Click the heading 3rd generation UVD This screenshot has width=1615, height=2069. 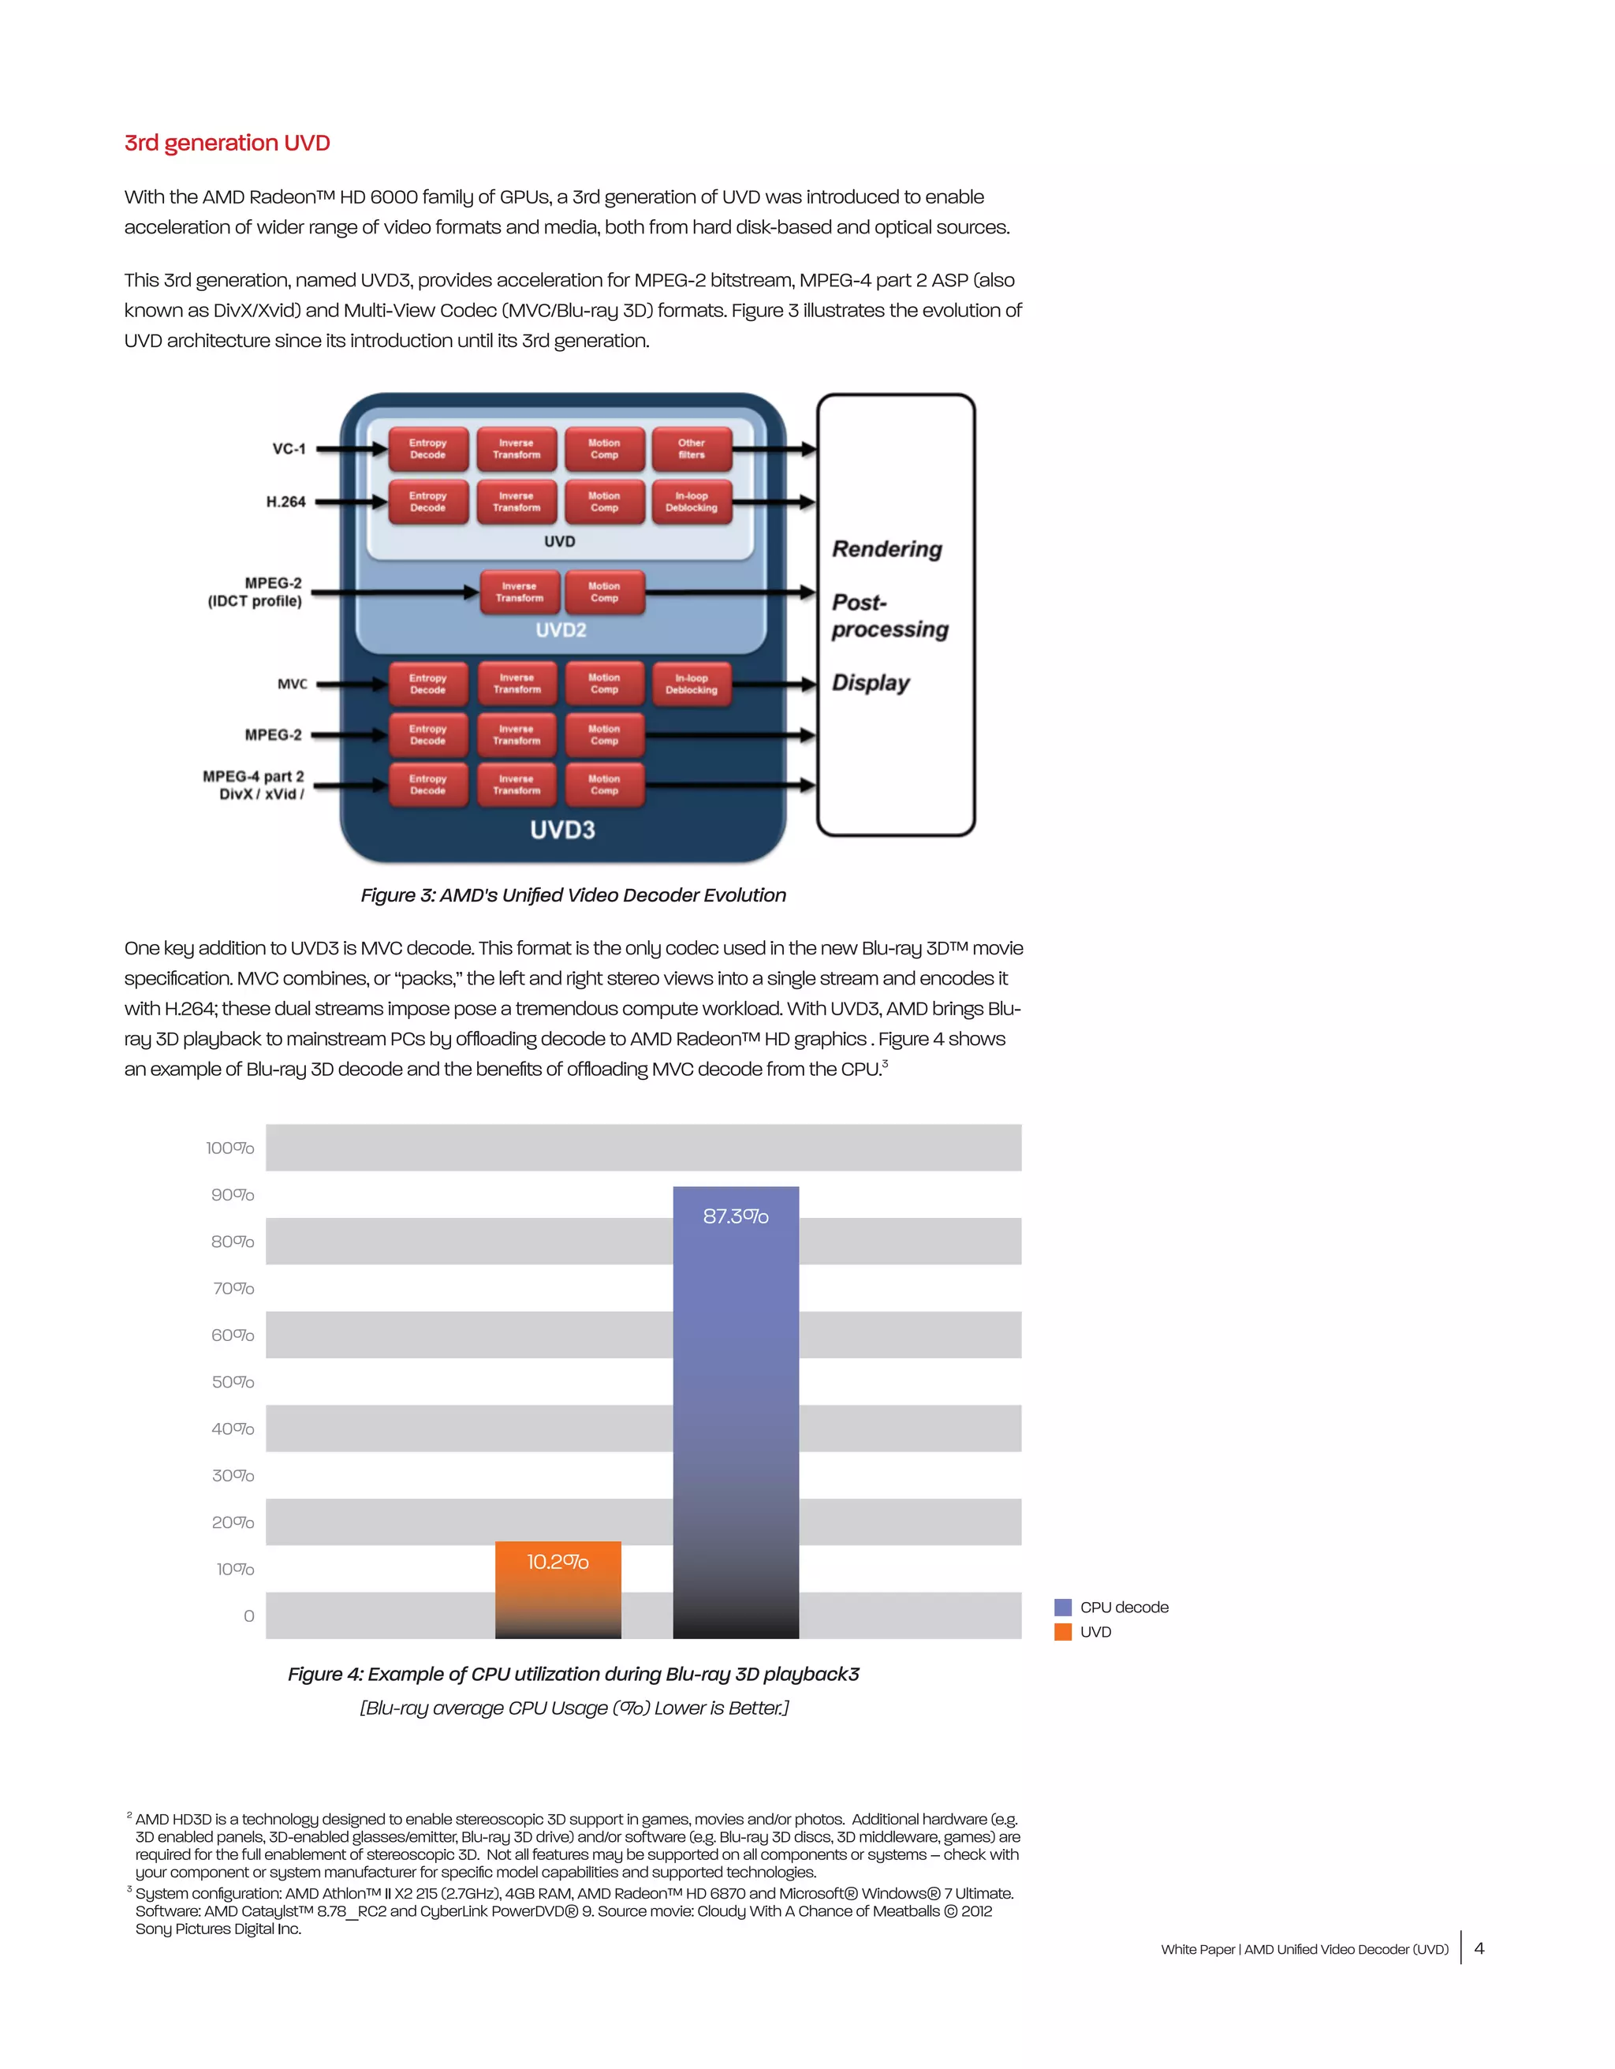pyautogui.click(x=227, y=143)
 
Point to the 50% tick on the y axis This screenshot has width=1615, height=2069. pyautogui.click(x=233, y=1382)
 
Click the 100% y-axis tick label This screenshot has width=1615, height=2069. pyautogui.click(x=230, y=1148)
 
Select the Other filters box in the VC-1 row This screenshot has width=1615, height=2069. pyautogui.click(x=692, y=449)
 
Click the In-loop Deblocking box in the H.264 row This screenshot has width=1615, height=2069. pyautogui.click(x=692, y=502)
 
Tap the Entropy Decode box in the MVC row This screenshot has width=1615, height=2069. pyautogui.click(x=428, y=684)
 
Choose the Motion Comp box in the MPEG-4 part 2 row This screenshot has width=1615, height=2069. pyautogui.click(x=604, y=784)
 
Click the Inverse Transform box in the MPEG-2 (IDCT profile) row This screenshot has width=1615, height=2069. pyautogui.click(x=519, y=592)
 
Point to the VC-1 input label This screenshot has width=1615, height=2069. pyautogui.click(x=289, y=449)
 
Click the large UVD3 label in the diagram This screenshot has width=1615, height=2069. pyautogui.click(x=562, y=830)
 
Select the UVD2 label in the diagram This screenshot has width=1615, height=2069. pyautogui.click(x=561, y=630)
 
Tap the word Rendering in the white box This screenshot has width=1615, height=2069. pyautogui.click(x=887, y=550)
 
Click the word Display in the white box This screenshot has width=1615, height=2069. pyautogui.click(x=871, y=683)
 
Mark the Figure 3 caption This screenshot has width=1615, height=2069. pyautogui.click(x=573, y=895)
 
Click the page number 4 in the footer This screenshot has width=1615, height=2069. pyautogui.click(x=1479, y=1948)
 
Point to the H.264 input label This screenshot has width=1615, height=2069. pyautogui.click(x=286, y=502)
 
